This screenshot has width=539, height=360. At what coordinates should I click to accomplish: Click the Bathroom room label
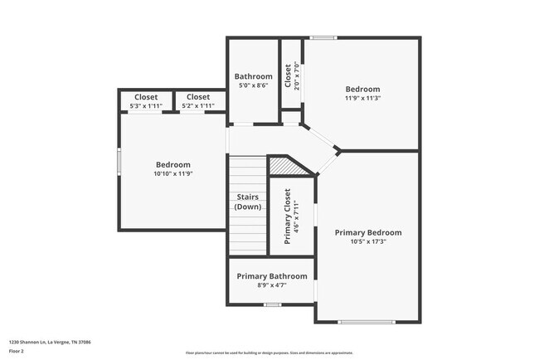[253, 76]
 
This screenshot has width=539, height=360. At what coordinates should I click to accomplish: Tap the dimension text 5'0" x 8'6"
[253, 85]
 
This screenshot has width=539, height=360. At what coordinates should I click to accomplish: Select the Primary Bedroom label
[368, 232]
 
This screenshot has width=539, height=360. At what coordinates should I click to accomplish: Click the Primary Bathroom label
[272, 276]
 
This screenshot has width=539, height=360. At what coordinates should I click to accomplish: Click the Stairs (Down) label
[248, 202]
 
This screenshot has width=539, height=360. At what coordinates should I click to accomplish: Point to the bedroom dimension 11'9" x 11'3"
[362, 98]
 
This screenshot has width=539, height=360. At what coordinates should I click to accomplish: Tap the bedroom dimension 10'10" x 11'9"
[172, 173]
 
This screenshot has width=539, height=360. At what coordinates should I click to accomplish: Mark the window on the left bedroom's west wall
[119, 161]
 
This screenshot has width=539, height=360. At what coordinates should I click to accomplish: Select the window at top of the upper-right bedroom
[323, 37]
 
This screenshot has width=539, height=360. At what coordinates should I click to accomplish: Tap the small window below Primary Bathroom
[272, 304]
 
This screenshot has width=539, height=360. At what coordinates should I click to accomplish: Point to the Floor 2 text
[17, 352]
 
